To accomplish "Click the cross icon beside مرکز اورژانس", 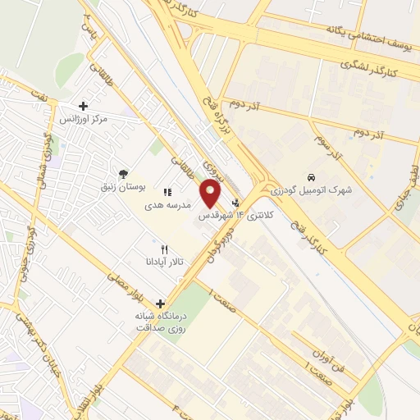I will coord(83,106).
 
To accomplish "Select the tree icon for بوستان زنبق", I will coord(122,174).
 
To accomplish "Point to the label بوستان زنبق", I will coord(122,188).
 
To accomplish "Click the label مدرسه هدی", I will coord(168,206).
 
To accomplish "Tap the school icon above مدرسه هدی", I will coord(167,192).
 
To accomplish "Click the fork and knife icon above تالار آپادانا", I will coord(164,249).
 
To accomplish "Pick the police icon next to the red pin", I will coord(237,202).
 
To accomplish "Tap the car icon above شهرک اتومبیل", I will coord(312,176).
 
